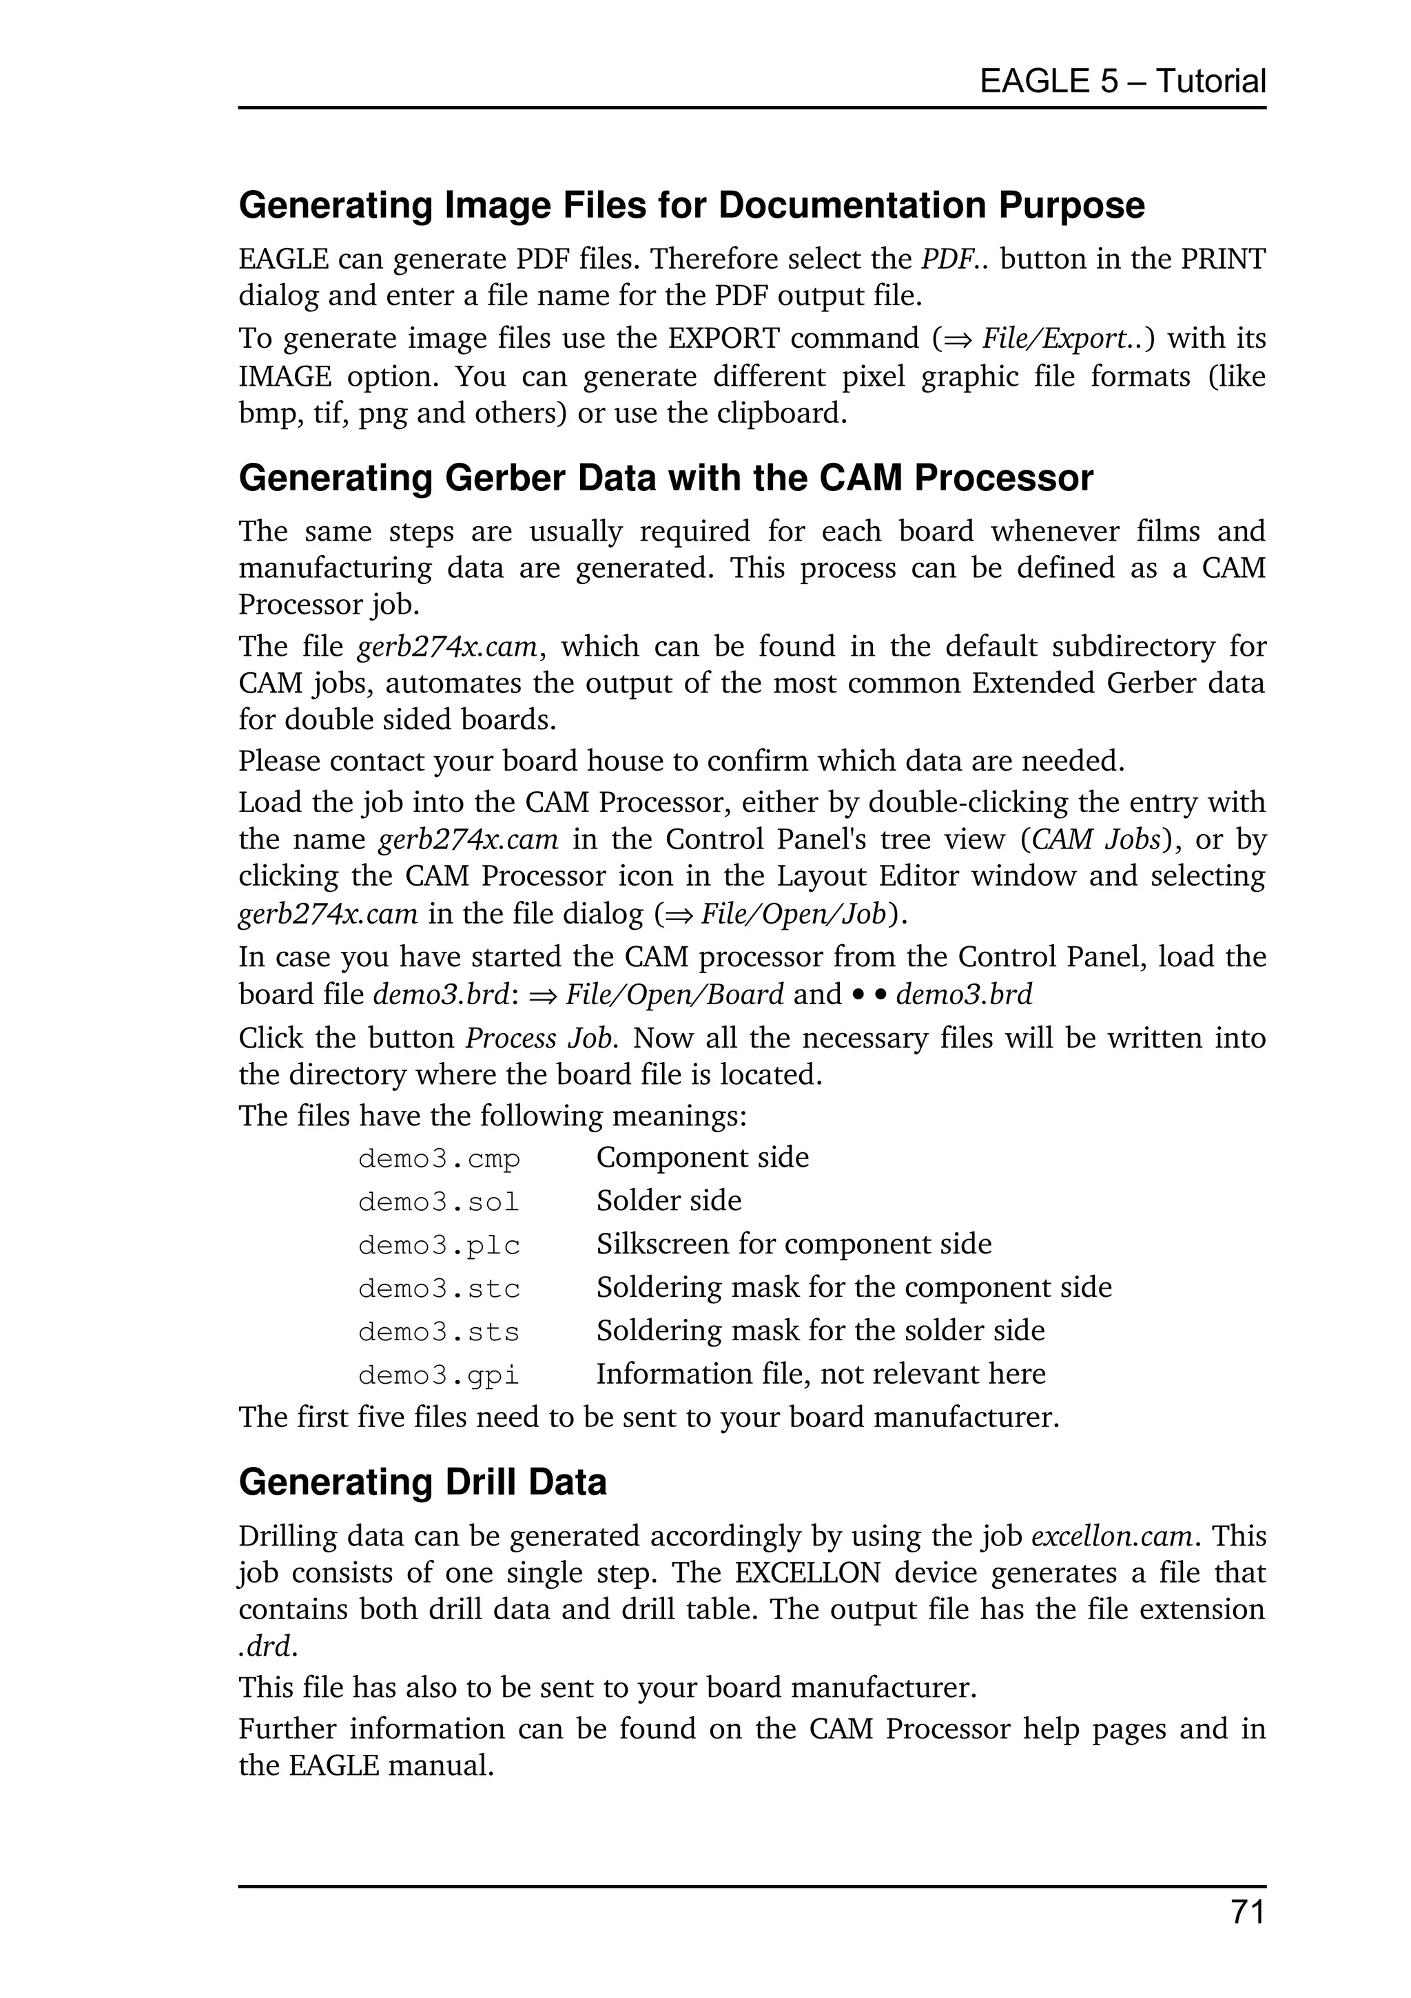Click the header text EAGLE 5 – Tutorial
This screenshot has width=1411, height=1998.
point(1122,81)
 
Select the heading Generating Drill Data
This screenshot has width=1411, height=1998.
point(422,1482)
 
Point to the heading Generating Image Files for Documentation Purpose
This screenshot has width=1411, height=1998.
point(691,205)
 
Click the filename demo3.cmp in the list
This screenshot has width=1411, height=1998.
point(439,1159)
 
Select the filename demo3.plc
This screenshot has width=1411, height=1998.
point(439,1245)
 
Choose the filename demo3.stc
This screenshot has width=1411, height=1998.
point(439,1289)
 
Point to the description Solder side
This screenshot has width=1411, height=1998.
point(668,1201)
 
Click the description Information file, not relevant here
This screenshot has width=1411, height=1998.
point(820,1374)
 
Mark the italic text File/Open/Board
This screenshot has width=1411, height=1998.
point(674,995)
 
